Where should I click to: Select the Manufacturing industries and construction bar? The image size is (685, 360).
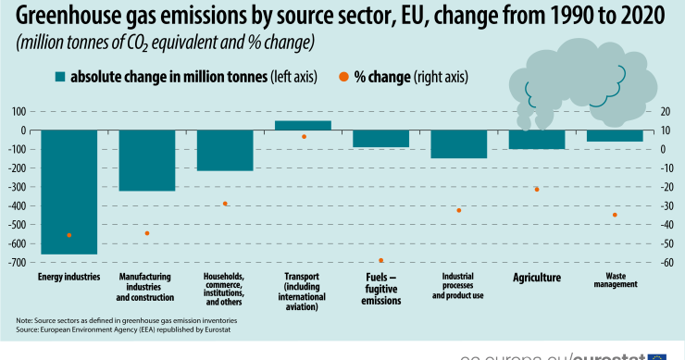147,160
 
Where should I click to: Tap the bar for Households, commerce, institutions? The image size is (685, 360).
225,150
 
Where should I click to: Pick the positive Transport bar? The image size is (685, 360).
303,125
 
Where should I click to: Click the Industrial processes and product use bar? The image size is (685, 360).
458,143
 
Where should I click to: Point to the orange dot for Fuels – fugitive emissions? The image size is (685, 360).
380,260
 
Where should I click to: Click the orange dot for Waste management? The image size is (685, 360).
614,215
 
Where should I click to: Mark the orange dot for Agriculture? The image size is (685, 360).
536,189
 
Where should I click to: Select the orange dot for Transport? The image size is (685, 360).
303,137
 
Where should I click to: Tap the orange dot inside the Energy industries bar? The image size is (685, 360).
69,235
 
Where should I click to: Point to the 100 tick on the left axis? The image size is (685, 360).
18,111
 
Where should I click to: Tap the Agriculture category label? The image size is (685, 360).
537,278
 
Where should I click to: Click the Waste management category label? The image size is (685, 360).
614,279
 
